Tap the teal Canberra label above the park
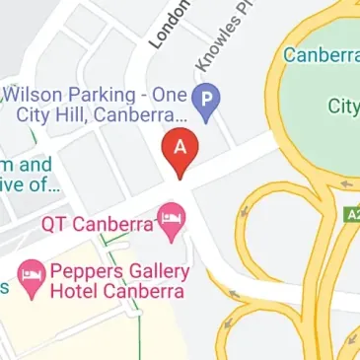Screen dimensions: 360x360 [x=322, y=55]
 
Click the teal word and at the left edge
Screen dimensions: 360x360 [x=36, y=165]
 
